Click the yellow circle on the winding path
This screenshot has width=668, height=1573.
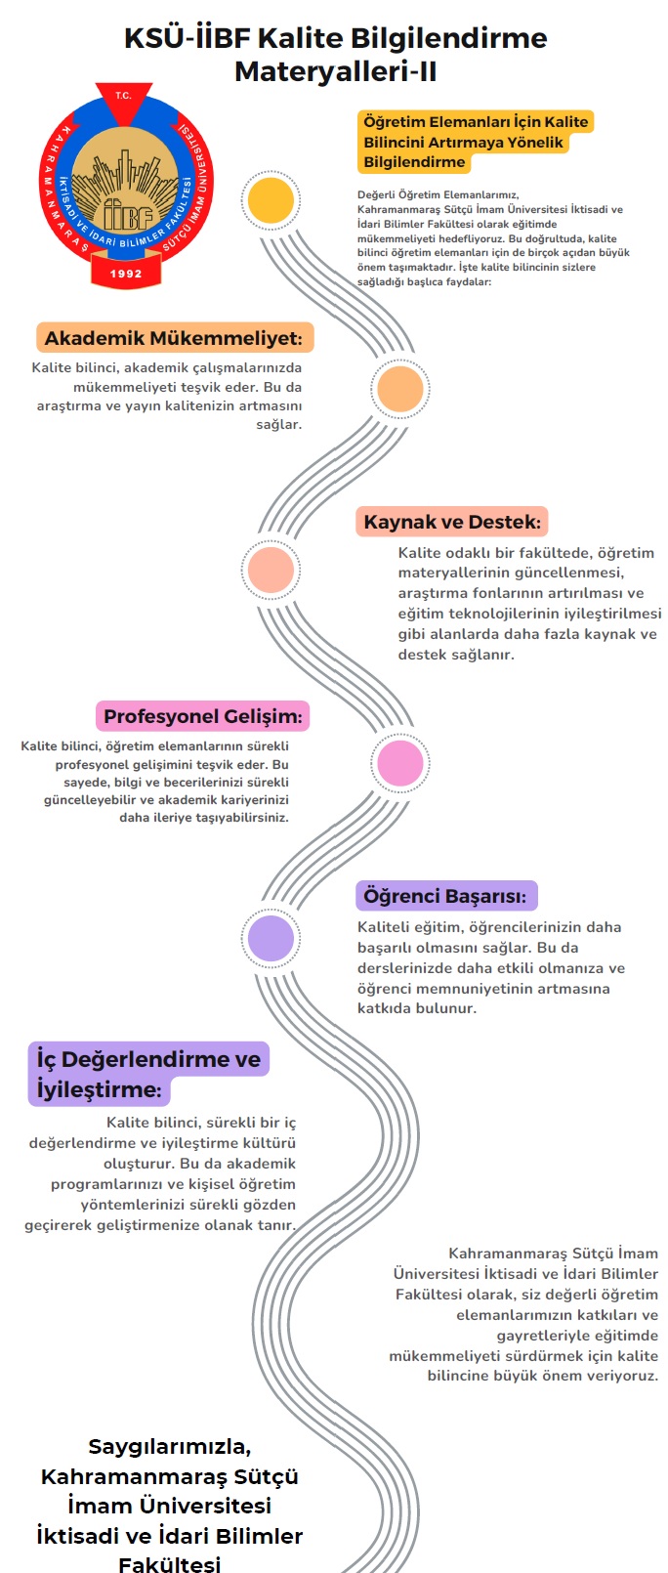pyautogui.click(x=271, y=200)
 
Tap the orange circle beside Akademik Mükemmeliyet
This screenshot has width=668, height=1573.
pyautogui.click(x=400, y=388)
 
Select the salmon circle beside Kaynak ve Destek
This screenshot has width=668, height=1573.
pyautogui.click(x=271, y=570)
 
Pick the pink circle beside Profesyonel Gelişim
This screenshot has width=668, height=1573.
pyautogui.click(x=400, y=763)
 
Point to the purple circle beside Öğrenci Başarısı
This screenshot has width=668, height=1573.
pyautogui.click(x=271, y=938)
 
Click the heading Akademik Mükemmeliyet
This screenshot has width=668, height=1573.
pyautogui.click(x=174, y=338)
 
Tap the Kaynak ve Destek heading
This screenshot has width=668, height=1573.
pyautogui.click(x=452, y=522)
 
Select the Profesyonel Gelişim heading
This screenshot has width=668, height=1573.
pyautogui.click(x=203, y=716)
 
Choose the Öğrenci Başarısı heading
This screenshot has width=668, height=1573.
pyautogui.click(x=445, y=896)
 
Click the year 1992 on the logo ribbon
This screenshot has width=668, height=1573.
pyautogui.click(x=126, y=274)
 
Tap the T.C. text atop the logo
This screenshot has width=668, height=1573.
pyautogui.click(x=123, y=96)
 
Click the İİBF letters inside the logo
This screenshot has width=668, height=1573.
pyautogui.click(x=128, y=214)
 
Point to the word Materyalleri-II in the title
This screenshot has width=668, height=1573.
pyautogui.click(x=335, y=71)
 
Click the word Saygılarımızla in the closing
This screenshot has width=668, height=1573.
pyautogui.click(x=170, y=1446)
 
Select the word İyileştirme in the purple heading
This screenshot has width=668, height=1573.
pyautogui.click(x=99, y=1090)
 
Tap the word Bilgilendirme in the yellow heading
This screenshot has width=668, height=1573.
pyautogui.click(x=414, y=162)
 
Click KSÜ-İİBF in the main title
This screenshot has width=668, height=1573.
pyautogui.click(x=188, y=38)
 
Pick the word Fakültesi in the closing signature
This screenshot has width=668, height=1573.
pyautogui.click(x=170, y=1564)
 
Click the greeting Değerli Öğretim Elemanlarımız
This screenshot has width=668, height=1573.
pyautogui.click(x=438, y=195)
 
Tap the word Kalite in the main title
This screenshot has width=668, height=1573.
pyautogui.click(x=301, y=38)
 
